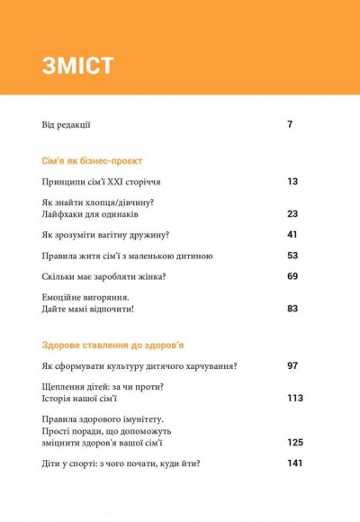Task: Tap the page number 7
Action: (x=290, y=124)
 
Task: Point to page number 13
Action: (x=292, y=182)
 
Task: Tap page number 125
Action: (x=292, y=443)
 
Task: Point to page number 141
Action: (x=292, y=463)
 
